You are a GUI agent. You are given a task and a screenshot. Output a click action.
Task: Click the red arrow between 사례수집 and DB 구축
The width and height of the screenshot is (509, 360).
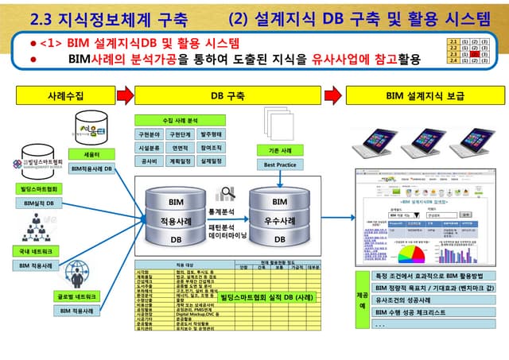click(126, 95)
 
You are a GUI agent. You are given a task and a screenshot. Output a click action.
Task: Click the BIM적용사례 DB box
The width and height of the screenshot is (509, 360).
click(91, 168)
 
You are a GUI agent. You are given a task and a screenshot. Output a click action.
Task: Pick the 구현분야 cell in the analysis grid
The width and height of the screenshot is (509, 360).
click(151, 134)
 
